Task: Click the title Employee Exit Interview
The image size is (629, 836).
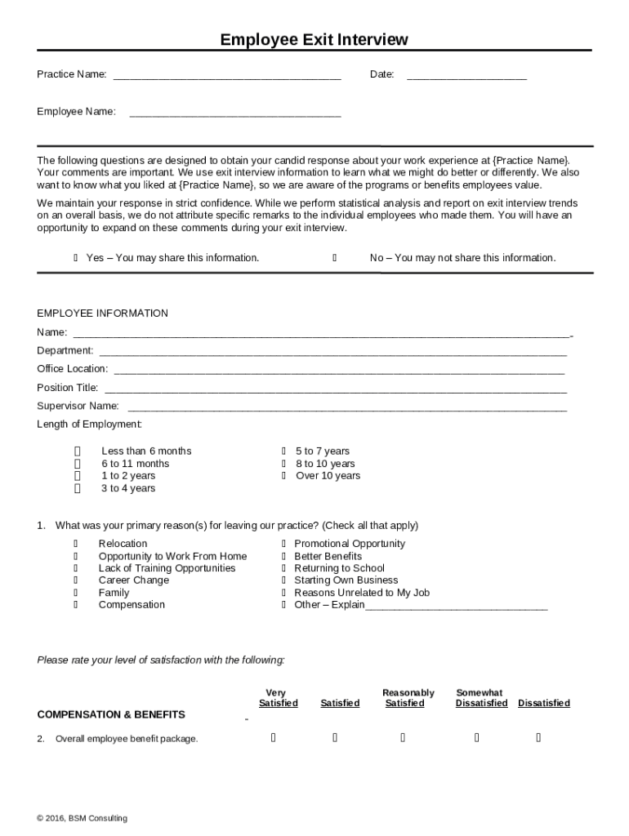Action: coord(314,40)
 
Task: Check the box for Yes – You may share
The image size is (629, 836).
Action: coord(76,258)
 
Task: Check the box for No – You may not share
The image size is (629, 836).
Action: coord(335,258)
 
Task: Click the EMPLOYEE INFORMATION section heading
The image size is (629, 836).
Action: coord(102,313)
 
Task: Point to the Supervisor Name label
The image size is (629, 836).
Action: coord(78,406)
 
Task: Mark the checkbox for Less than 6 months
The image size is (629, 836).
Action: coord(78,451)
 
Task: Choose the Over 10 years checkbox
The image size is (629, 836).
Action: coord(283,476)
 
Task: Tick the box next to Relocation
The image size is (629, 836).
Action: coord(76,544)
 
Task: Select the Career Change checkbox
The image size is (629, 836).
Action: coord(76,580)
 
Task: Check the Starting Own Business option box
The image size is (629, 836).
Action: coord(283,580)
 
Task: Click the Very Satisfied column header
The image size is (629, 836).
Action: coord(278,698)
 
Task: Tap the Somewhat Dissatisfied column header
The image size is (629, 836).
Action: coord(481,698)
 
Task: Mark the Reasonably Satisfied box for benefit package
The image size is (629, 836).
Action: coord(404,739)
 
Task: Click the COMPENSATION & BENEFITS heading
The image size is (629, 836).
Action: coord(111,714)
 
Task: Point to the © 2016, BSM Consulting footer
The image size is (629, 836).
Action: coord(82,818)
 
